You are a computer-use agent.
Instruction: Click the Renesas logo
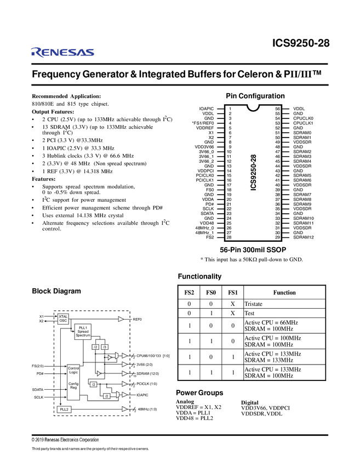point(62,52)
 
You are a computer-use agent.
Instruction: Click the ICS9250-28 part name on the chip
point(253,172)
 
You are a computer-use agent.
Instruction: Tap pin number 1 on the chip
point(230,109)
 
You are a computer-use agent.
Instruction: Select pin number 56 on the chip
point(278,109)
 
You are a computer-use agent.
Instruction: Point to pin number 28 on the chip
point(229,237)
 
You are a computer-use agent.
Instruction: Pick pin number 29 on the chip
point(278,237)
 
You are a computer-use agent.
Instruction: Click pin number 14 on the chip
point(229,171)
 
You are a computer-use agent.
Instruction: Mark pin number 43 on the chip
point(278,171)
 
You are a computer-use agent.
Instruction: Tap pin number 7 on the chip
point(230,137)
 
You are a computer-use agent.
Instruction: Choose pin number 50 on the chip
point(278,137)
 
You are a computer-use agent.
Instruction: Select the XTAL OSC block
point(63,319)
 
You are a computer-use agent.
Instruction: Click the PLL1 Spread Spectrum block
point(83,332)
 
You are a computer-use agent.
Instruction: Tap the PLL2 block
point(64,409)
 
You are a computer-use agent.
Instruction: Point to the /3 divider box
point(105,347)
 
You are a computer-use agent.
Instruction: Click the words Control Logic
point(73,370)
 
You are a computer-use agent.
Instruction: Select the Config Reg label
point(73,385)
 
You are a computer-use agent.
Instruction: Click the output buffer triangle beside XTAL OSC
point(122,319)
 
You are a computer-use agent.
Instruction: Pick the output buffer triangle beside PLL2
point(125,409)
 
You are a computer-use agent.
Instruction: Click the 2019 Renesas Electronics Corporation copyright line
point(65,440)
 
